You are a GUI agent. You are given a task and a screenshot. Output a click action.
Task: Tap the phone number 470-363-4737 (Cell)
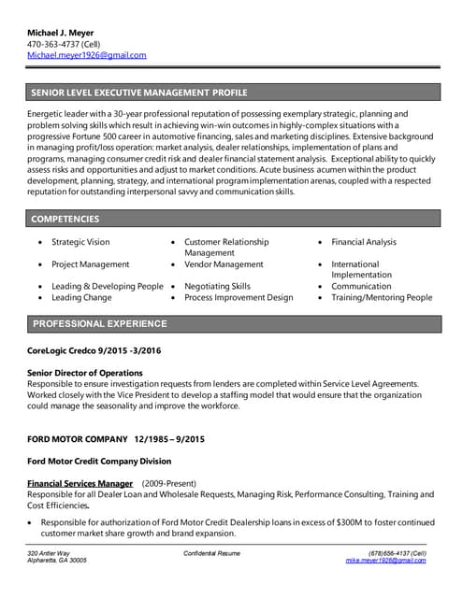point(65,44)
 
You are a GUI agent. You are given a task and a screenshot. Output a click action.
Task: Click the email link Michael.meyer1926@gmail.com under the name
point(87,55)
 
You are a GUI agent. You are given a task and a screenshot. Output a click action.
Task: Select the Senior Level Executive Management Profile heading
point(139,93)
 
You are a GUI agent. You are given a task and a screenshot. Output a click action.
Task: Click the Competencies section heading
point(65,219)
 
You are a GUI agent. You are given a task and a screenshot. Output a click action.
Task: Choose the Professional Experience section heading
point(100,324)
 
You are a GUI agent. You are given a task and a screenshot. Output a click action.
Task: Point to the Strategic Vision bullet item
point(80,242)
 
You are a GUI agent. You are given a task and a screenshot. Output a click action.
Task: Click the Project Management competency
point(91,264)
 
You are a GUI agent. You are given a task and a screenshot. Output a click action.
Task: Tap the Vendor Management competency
point(224,264)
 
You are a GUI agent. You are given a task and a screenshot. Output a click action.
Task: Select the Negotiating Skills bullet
point(217,286)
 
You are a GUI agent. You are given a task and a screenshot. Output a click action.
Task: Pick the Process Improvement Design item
point(239,297)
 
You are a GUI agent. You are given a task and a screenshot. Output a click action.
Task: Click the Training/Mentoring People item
point(382,297)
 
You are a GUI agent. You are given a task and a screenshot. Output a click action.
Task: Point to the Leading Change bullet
point(81,297)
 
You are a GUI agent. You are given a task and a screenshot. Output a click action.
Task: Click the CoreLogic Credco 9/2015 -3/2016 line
point(94,349)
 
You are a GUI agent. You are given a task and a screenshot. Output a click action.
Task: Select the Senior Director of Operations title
point(85,373)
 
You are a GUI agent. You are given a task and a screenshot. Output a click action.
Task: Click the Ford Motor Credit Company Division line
point(100,461)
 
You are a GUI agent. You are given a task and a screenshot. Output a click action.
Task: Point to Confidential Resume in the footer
point(211,553)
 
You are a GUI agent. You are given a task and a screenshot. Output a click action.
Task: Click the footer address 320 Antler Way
point(49,553)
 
